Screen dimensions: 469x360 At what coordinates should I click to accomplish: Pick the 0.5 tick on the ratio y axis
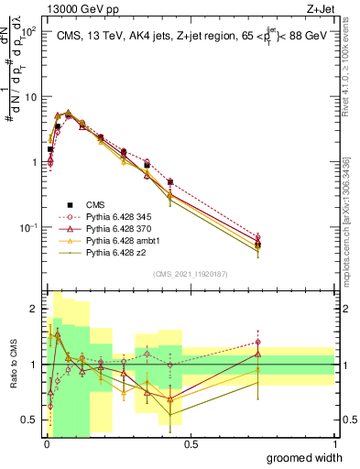31,420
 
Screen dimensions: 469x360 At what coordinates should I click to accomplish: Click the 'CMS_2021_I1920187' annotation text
190,273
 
